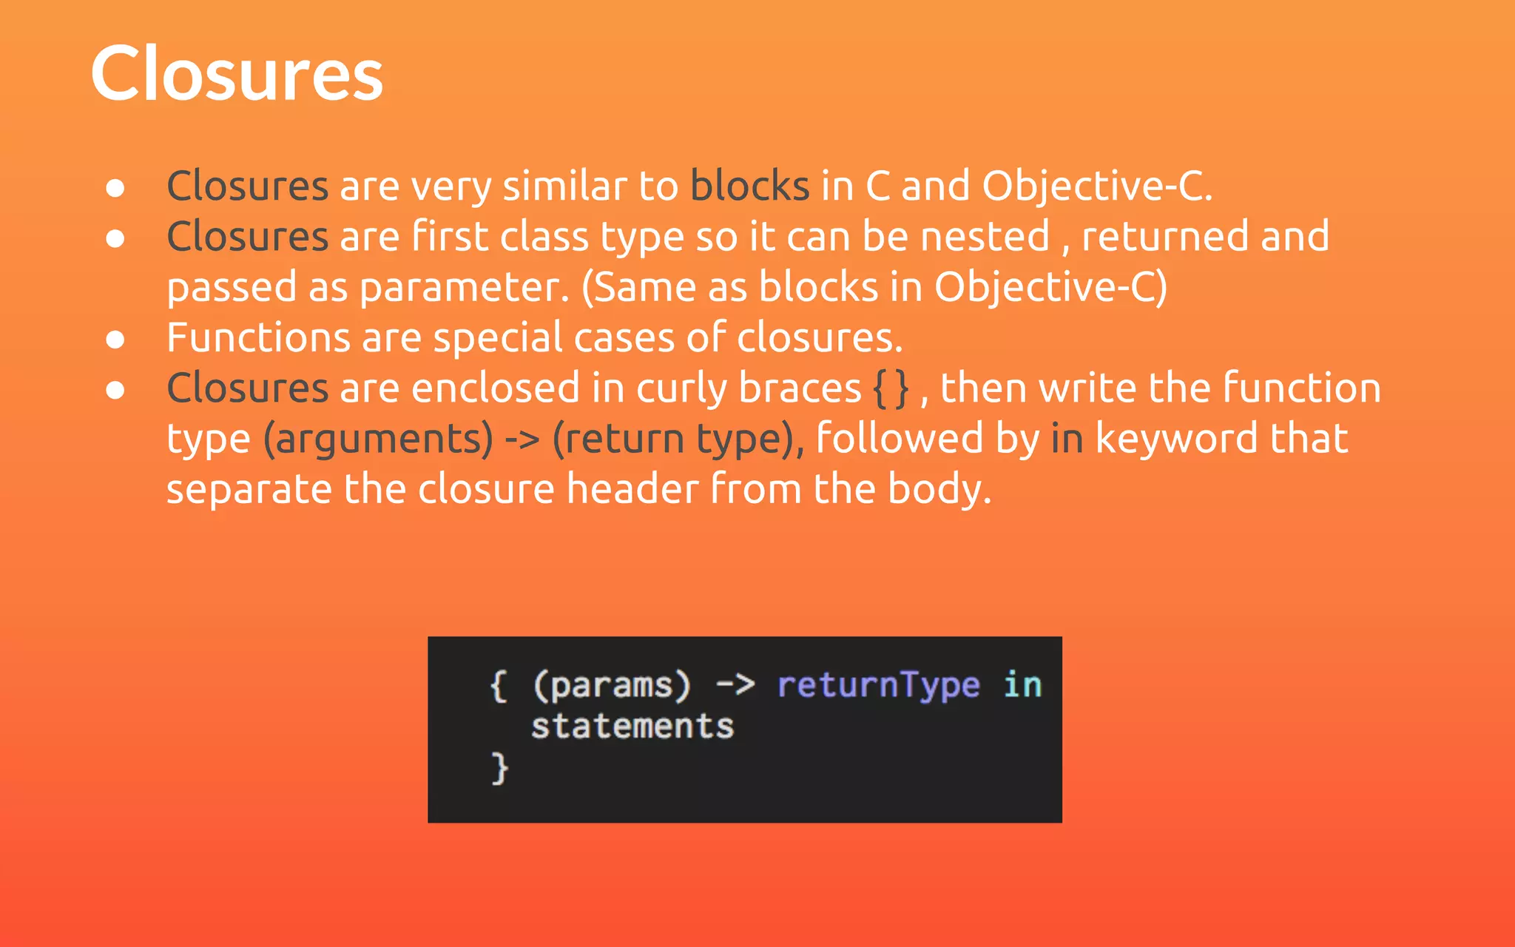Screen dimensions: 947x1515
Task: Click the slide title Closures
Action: (x=237, y=74)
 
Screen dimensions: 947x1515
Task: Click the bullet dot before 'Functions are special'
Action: (x=115, y=340)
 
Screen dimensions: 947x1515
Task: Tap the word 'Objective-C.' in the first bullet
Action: (x=1097, y=186)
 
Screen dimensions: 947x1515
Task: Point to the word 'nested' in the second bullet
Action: (x=985, y=237)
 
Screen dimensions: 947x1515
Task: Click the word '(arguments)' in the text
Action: (x=378, y=439)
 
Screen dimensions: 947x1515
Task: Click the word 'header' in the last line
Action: (x=632, y=489)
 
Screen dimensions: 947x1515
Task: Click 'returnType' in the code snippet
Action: (x=878, y=685)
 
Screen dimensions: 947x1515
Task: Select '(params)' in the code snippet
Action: (x=612, y=685)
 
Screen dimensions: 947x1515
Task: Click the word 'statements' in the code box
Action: (x=632, y=727)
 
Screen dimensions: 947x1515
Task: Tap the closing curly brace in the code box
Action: (x=500, y=768)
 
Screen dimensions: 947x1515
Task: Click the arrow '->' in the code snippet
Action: (x=735, y=685)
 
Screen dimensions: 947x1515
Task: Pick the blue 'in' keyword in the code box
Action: (x=1022, y=685)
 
